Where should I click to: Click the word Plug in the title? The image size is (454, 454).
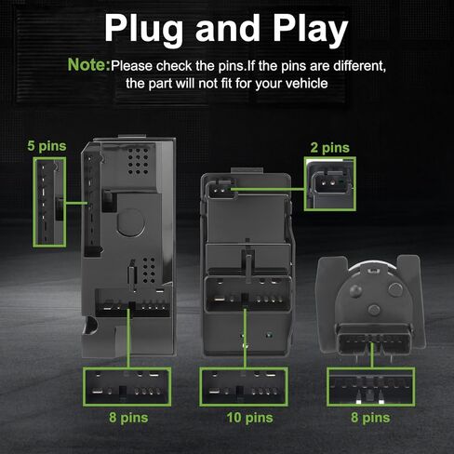[143, 30]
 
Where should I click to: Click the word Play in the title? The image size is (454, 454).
[311, 30]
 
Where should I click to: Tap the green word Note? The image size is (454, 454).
[89, 64]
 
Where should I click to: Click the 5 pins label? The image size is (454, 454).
[47, 146]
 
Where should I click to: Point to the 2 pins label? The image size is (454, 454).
[330, 148]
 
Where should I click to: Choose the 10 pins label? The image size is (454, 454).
[249, 418]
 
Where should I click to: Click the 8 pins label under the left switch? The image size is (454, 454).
[128, 418]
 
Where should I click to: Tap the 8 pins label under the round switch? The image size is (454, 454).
[370, 418]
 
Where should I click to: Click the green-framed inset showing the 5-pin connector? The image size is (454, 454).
[49, 202]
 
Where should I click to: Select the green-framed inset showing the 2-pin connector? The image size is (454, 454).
[330, 184]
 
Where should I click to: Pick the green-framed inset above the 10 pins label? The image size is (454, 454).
[244, 387]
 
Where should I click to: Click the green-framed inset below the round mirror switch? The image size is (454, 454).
[371, 387]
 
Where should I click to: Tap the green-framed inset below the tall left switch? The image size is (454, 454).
[127, 387]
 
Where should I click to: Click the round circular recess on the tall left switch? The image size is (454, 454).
[130, 222]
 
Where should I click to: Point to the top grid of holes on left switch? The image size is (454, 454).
[139, 161]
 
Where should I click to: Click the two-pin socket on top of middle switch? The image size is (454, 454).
[220, 189]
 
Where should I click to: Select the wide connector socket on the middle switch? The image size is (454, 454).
[247, 294]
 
